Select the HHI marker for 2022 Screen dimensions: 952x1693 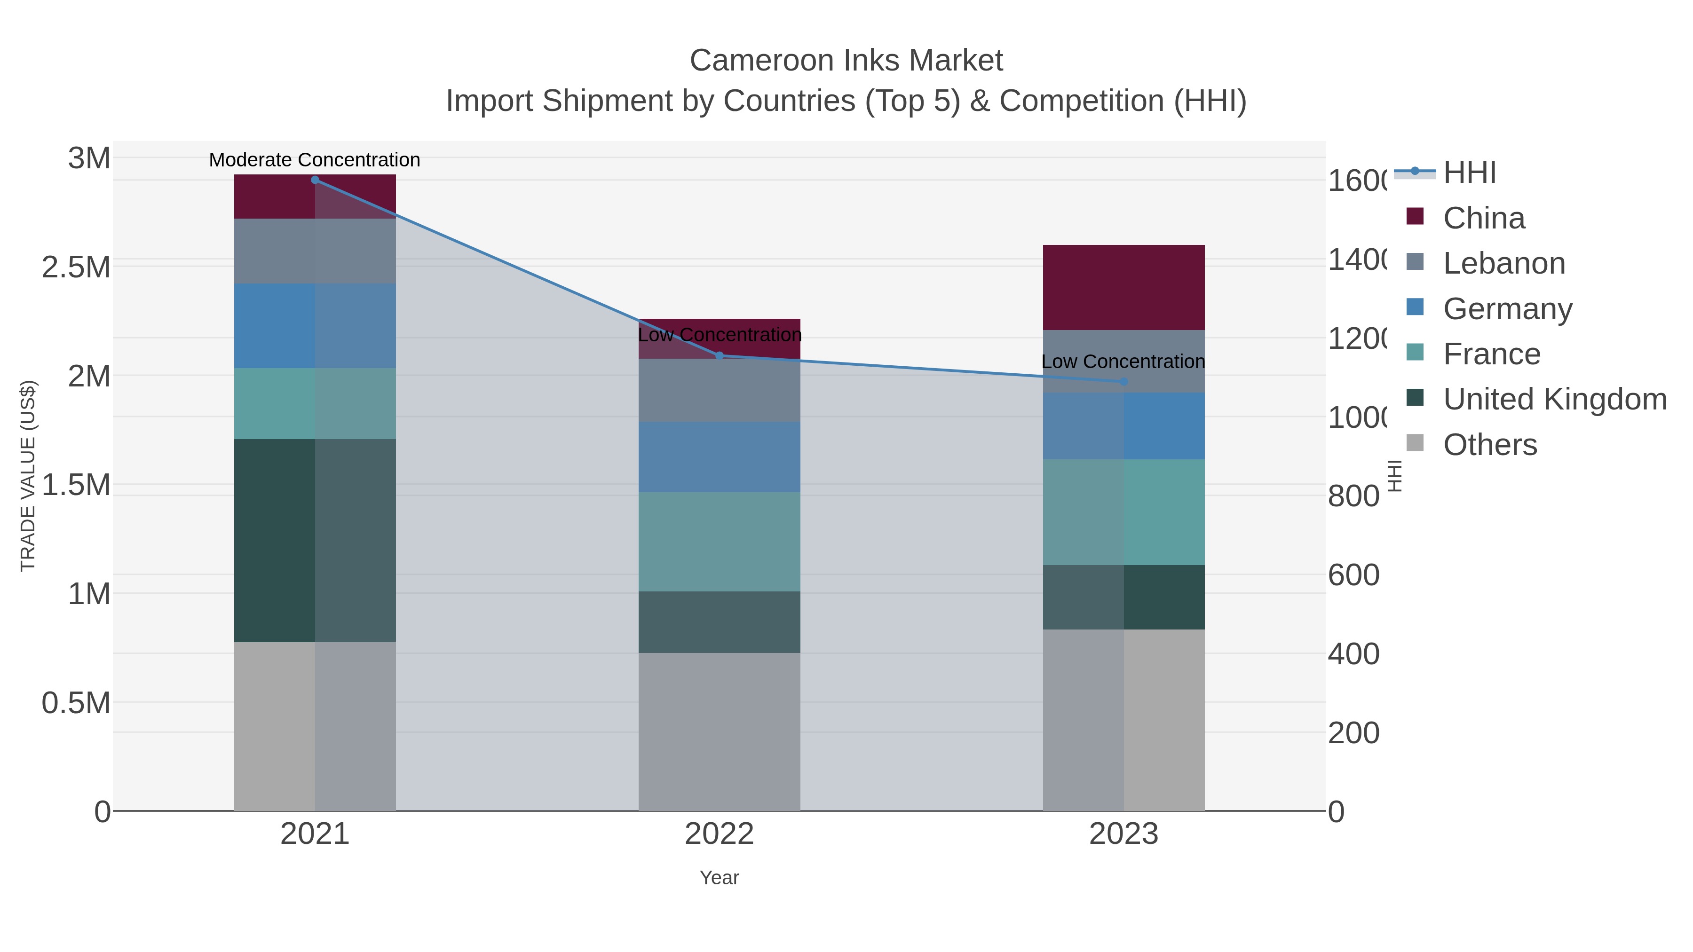[x=719, y=356]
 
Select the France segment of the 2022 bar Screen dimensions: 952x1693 [x=719, y=542]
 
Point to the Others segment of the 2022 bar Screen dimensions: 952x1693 [x=719, y=731]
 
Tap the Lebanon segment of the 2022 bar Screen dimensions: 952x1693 [x=719, y=390]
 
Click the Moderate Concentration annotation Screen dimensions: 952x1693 [x=314, y=160]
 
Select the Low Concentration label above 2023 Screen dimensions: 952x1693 [x=1123, y=362]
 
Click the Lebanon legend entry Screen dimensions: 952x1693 [x=1504, y=263]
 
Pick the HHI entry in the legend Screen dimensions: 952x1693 [x=1470, y=173]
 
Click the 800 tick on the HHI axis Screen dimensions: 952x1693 [x=1353, y=496]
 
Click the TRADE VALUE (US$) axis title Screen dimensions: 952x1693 [x=28, y=476]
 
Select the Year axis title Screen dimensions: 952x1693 [x=719, y=878]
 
